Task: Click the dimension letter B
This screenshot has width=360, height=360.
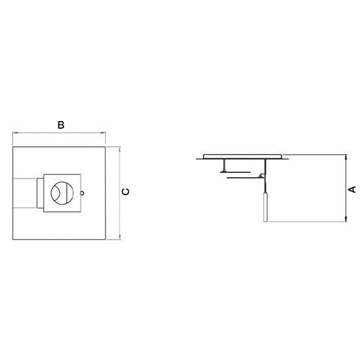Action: tap(61, 125)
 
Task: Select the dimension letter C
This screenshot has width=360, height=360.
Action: tap(125, 192)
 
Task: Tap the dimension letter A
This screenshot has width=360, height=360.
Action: tap(352, 189)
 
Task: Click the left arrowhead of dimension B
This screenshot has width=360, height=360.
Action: tap(15, 132)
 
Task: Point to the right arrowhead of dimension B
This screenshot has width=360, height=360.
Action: tap(103, 132)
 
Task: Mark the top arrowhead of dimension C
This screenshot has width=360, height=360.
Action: tap(120, 150)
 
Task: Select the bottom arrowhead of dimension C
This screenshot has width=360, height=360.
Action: tap(120, 236)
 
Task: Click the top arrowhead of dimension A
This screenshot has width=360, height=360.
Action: tap(346, 158)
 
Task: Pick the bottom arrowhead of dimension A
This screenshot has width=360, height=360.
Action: tap(346, 219)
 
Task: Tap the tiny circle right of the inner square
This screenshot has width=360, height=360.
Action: tap(82, 193)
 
